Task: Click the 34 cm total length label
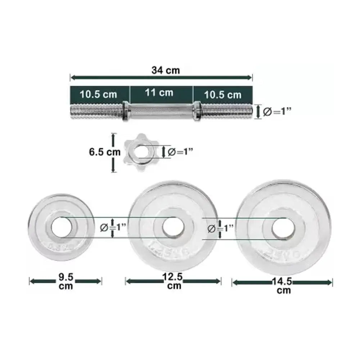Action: [x=165, y=70]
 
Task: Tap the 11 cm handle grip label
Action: [x=159, y=93]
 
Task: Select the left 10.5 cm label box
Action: [x=99, y=94]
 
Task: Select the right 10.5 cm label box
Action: [x=222, y=95]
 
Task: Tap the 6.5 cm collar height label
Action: [x=105, y=152]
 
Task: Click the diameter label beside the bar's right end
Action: [x=277, y=112]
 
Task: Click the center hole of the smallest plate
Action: [x=62, y=227]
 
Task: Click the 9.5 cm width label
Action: [x=65, y=281]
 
